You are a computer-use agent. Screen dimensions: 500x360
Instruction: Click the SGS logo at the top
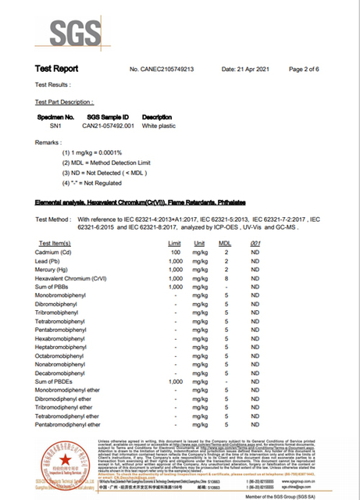click(76, 30)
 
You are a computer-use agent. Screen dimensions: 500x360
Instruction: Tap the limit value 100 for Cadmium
click(176, 253)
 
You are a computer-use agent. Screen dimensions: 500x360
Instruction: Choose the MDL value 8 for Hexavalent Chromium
click(226, 277)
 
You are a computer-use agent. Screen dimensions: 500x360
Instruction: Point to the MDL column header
click(225, 244)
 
